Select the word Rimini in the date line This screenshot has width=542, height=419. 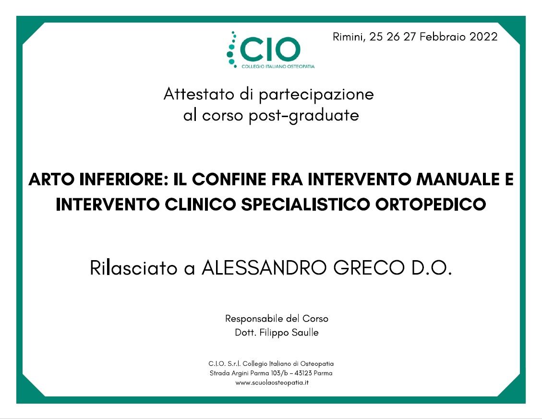(x=349, y=37)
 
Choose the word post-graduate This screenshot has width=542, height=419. (x=303, y=116)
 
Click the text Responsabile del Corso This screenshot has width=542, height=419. (x=277, y=319)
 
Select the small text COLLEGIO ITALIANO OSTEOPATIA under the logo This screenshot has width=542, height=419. (x=277, y=66)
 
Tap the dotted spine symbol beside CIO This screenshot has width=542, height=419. (x=232, y=49)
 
